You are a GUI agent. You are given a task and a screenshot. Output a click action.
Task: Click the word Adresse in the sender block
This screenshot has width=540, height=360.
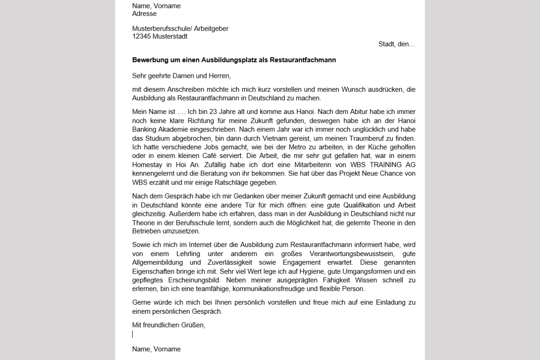(144, 13)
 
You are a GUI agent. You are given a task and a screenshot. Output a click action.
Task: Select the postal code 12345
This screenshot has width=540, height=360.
(142, 36)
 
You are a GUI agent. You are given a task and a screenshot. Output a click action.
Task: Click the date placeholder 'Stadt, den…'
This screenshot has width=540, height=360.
(397, 44)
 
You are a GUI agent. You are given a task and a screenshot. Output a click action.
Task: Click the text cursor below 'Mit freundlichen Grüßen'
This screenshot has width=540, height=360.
(133, 334)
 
